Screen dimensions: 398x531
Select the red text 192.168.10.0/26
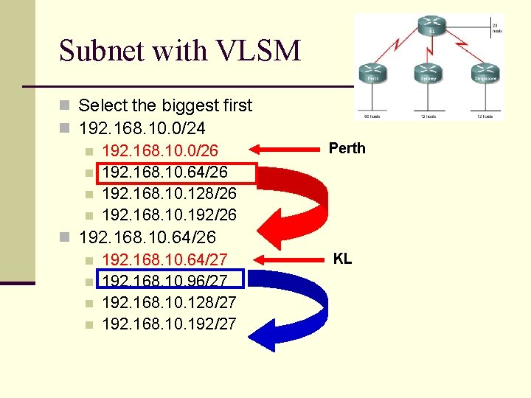click(160, 151)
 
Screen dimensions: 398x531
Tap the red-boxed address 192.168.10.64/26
click(164, 172)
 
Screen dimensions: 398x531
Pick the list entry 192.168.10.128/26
click(169, 194)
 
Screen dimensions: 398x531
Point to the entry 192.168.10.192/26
click(169, 215)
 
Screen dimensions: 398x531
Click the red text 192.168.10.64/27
click(164, 259)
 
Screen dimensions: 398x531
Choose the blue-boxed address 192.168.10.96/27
click(164, 281)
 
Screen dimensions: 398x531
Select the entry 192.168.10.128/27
click(169, 302)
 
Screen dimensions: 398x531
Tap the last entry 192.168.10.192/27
click(169, 324)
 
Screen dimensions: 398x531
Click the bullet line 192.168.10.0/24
click(142, 128)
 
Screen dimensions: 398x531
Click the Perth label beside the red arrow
click(347, 148)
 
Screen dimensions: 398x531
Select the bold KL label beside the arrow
click(342, 259)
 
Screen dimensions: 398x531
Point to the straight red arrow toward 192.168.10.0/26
click(288, 151)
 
